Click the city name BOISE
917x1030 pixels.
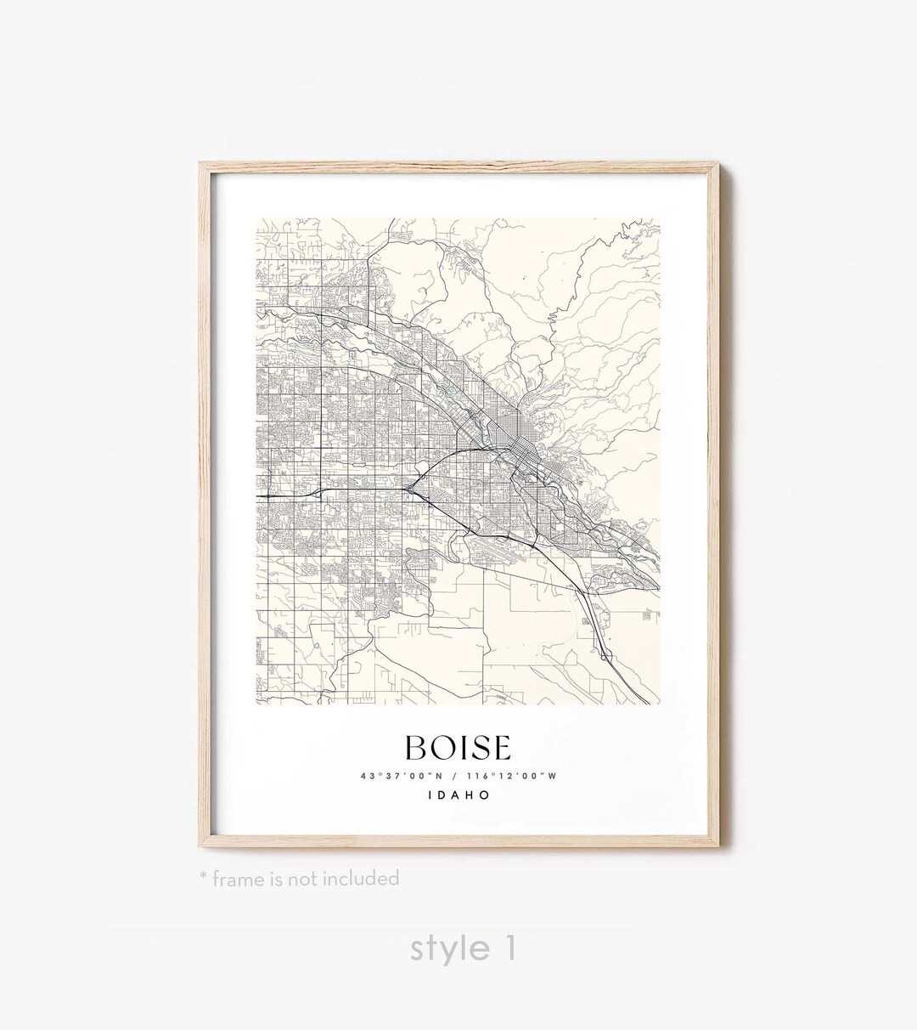click(458, 748)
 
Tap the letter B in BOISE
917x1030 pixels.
click(417, 748)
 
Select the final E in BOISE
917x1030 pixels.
click(500, 748)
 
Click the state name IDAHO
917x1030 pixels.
click(458, 796)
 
